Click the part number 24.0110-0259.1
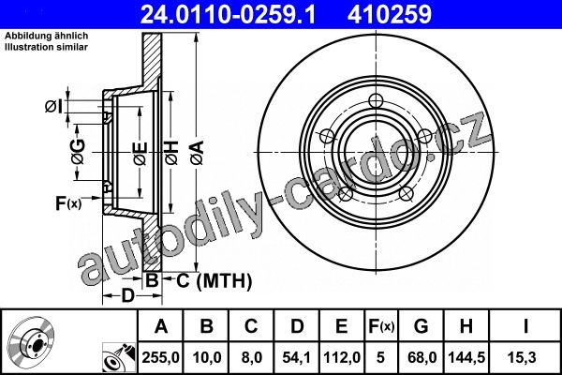(228, 14)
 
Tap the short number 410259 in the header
(390, 14)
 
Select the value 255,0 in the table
(160, 357)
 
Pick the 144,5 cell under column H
(466, 357)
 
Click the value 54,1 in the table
(296, 357)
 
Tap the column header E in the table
(342, 326)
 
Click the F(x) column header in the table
(381, 326)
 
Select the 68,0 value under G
(421, 357)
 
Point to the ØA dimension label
(198, 153)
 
